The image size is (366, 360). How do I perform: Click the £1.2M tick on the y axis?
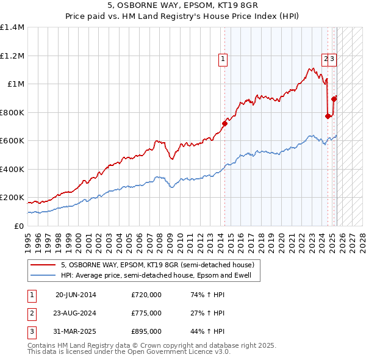pos(12,56)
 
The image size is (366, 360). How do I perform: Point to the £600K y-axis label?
pos(12,140)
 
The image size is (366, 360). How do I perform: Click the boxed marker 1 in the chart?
pos(223,59)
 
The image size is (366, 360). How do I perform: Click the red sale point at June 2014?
pos(224,124)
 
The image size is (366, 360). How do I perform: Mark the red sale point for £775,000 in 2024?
pos(328,116)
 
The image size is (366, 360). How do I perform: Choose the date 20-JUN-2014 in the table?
pos(76,295)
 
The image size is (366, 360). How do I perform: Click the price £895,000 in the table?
pos(146,331)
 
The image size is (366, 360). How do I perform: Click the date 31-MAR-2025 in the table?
pos(76,331)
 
